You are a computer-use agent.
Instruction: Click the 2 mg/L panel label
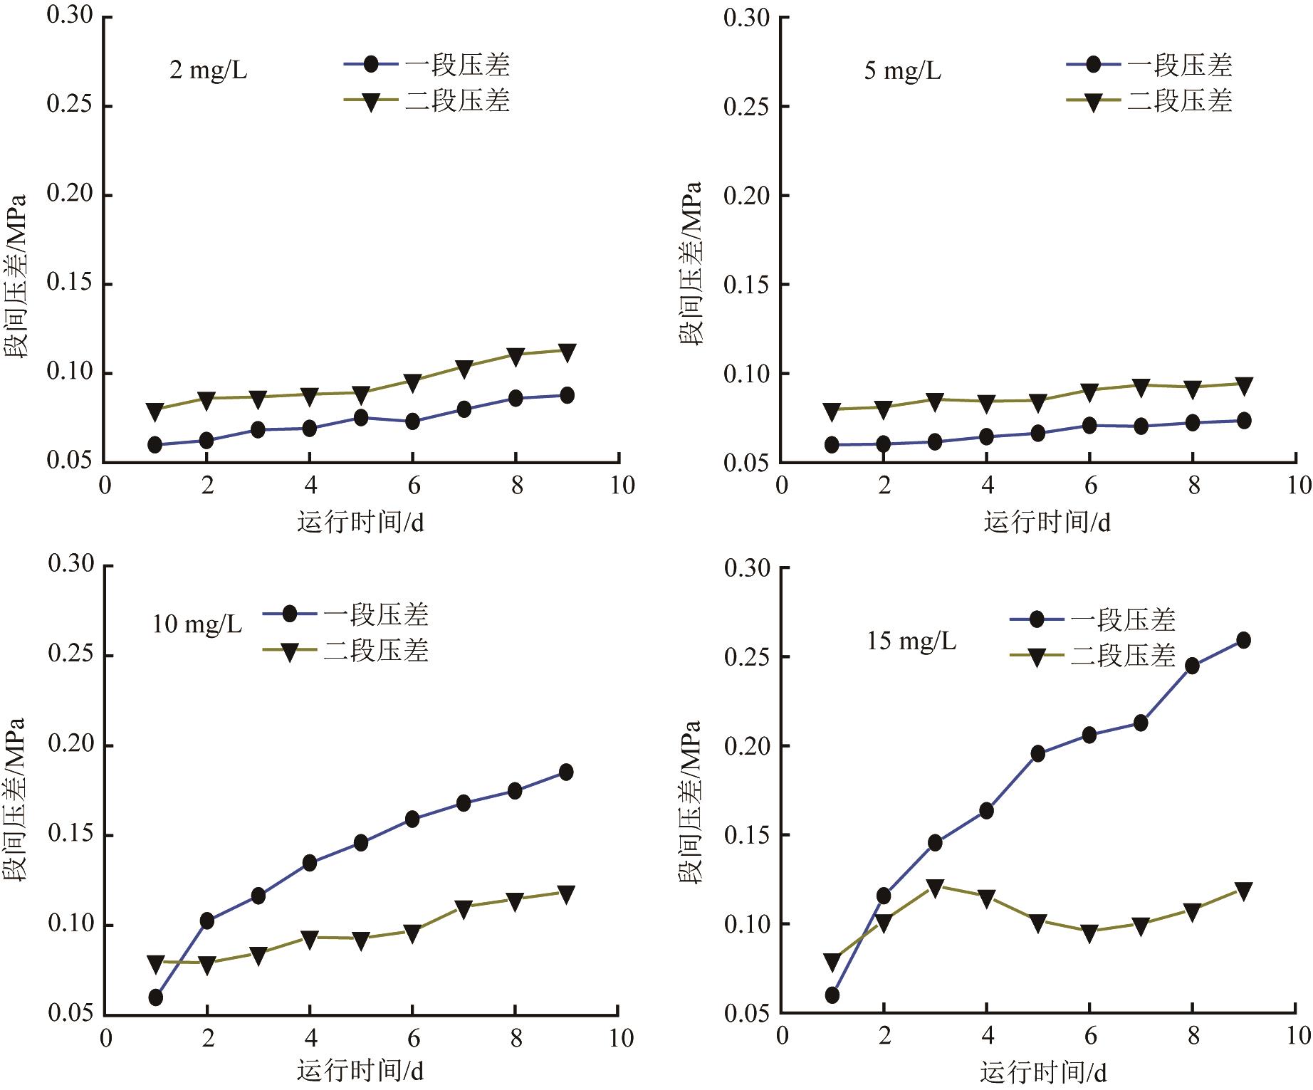pos(208,71)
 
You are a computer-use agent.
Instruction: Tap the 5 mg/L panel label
pos(902,71)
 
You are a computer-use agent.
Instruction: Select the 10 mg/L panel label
pos(197,624)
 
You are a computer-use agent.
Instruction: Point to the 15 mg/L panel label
pos(911,641)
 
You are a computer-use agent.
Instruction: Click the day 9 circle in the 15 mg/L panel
pos(1243,640)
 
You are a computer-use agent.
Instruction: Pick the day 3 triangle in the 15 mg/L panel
pos(935,887)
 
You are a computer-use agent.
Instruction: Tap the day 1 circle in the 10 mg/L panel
pos(155,997)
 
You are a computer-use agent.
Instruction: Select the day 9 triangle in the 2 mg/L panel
pos(567,352)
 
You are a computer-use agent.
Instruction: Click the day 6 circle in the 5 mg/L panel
pos(1089,426)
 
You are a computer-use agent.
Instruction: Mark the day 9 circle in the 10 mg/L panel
pos(566,772)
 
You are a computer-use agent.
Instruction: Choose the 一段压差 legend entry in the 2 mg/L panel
pos(427,65)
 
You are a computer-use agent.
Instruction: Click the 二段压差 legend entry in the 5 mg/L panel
pos(1149,101)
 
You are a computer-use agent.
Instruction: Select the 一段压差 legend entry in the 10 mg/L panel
pos(346,614)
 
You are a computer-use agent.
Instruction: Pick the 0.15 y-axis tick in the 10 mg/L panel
pos(71,835)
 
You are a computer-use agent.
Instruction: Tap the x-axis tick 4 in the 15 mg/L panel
pos(987,1036)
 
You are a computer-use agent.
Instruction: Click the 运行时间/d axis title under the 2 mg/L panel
pos(360,523)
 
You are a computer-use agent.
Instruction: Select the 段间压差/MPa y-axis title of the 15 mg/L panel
pos(689,802)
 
